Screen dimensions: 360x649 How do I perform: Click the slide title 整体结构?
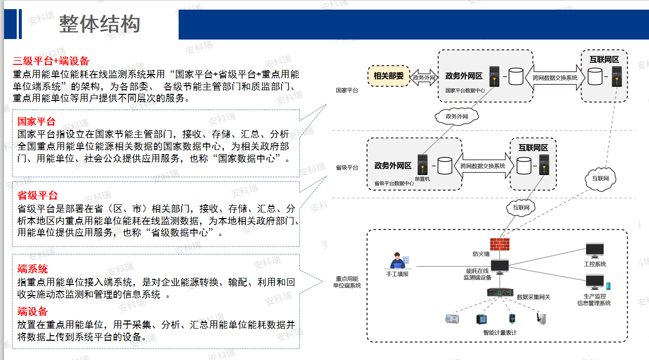tap(99, 24)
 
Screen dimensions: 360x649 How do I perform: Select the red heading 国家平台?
tap(37, 122)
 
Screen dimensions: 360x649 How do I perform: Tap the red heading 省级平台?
tap(38, 196)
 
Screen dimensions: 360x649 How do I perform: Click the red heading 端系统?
tap(32, 269)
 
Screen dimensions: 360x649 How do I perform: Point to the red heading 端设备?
tap(32, 311)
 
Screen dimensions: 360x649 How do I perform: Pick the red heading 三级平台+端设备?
tap(51, 62)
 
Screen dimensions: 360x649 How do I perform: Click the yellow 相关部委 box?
tap(388, 77)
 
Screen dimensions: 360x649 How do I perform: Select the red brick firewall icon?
tap(499, 245)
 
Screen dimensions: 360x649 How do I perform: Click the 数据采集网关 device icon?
tap(499, 293)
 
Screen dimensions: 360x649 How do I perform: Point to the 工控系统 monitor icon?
tap(594, 250)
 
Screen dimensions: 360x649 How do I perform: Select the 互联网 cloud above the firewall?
tap(520, 207)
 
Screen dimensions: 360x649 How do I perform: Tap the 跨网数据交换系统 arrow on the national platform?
tap(555, 78)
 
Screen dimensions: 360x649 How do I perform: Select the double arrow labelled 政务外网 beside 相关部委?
tap(424, 78)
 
